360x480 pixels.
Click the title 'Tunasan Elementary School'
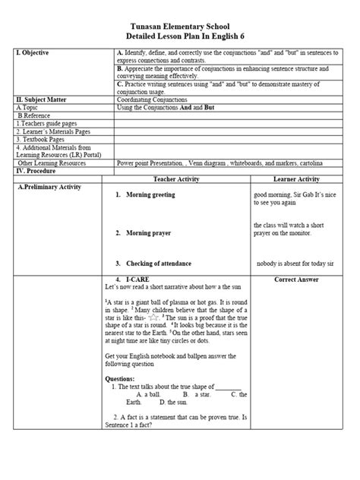click(180, 25)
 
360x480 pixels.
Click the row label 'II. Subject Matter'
click(45, 99)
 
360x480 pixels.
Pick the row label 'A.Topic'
click(30, 107)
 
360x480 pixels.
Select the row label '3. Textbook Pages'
click(45, 140)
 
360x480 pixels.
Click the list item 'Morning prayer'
click(148, 233)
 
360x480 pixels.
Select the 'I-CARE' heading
click(138, 280)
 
